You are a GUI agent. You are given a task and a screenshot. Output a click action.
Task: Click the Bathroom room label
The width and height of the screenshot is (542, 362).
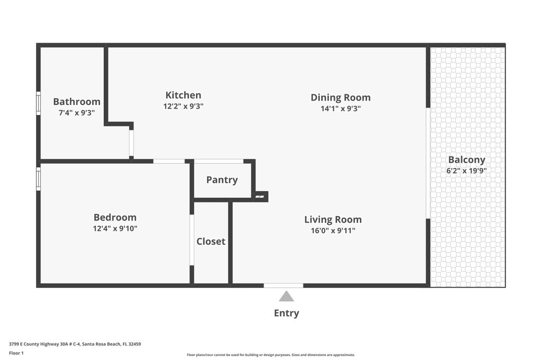[x=77, y=102]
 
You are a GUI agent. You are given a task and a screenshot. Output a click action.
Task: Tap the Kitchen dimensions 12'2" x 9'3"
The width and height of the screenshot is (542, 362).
[x=183, y=106]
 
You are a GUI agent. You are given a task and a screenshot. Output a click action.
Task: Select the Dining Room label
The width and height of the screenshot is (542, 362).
[x=340, y=98]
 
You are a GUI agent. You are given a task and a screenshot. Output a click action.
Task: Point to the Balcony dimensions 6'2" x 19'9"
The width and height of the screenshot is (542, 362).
[x=467, y=171]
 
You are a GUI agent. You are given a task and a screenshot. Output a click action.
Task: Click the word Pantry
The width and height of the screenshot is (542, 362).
[x=222, y=180]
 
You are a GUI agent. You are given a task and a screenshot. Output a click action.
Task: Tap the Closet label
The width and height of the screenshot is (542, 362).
[x=211, y=241]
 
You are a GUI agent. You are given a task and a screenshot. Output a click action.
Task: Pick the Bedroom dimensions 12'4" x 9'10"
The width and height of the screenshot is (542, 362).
[x=115, y=228]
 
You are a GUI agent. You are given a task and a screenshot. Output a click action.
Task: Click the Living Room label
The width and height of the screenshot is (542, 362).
[x=333, y=220]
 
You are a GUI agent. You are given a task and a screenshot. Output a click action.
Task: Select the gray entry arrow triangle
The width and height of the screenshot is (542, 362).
[x=286, y=296]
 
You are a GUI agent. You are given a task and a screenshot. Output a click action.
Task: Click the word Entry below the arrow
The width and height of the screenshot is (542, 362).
[x=286, y=313]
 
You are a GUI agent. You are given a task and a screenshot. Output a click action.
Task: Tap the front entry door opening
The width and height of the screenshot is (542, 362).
[x=284, y=286]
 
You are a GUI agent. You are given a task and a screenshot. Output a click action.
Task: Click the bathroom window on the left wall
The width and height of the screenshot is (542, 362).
[x=38, y=103]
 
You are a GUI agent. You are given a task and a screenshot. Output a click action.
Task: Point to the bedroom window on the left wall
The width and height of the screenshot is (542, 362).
[x=38, y=179]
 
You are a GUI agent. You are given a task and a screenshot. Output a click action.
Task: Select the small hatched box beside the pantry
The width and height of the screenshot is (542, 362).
[x=259, y=197]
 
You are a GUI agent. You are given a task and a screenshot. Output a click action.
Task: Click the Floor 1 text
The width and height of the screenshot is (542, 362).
[x=16, y=354]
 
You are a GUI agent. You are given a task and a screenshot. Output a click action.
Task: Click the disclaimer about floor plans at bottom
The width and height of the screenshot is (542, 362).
[x=271, y=355]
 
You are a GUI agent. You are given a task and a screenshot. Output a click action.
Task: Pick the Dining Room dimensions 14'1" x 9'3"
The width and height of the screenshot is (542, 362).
[x=340, y=109]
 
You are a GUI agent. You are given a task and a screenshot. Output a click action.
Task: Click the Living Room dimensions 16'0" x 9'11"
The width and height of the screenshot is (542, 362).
[x=333, y=231]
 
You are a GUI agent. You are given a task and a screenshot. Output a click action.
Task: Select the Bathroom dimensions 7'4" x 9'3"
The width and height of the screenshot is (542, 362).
[x=77, y=113]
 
